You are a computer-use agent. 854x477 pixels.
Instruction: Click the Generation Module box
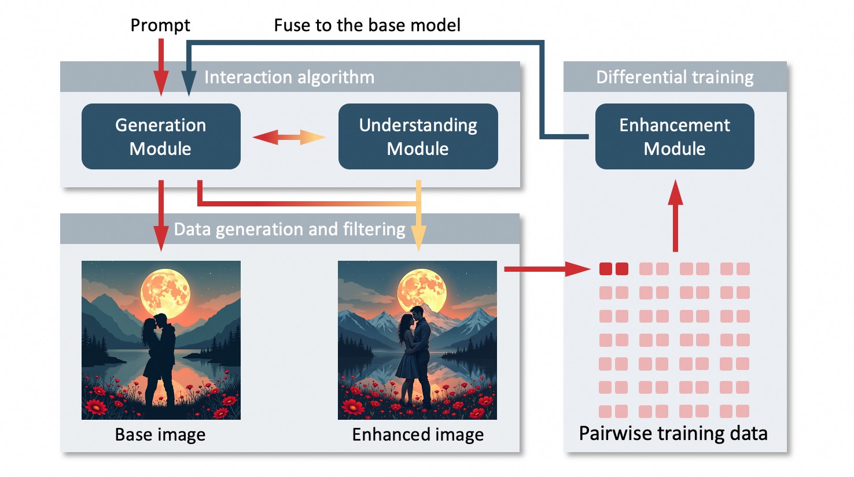161,136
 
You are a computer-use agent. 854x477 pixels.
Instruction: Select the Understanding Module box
418,136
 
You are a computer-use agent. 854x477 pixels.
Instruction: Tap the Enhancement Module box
675,136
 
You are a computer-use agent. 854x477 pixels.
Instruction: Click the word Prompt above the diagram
160,25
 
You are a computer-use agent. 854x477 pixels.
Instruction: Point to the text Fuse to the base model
367,25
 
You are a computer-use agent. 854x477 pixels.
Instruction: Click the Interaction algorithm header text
289,77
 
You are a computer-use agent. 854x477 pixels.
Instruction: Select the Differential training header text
675,77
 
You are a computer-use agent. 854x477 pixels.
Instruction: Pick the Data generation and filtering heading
289,229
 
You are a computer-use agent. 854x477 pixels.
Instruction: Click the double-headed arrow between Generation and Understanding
289,137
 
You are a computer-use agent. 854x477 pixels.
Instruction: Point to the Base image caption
160,434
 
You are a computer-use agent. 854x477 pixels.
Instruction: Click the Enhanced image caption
418,434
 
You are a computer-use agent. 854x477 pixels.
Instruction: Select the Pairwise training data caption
673,433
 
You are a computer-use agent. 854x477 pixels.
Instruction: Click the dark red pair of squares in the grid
614,269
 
